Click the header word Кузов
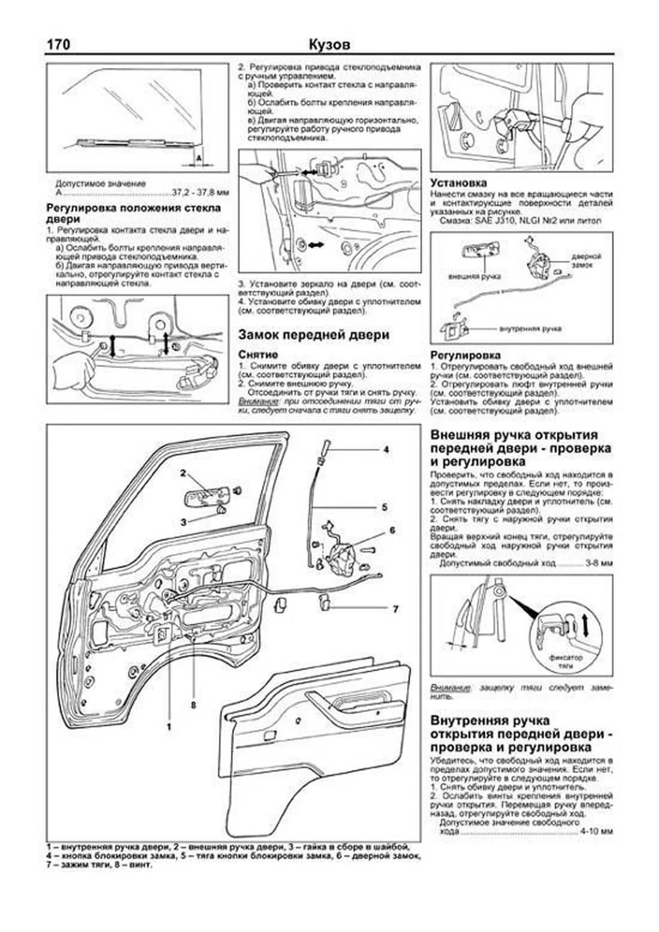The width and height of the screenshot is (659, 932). tap(329, 44)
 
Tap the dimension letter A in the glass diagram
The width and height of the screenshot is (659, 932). tap(199, 158)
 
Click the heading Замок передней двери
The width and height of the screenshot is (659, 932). tap(314, 335)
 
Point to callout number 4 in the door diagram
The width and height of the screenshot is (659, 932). tap(386, 449)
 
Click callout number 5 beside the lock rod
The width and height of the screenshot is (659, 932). tap(385, 506)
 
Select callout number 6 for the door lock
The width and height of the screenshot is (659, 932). tap(392, 531)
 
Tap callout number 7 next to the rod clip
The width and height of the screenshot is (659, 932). tap(395, 609)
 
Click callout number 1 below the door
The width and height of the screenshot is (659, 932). tap(169, 727)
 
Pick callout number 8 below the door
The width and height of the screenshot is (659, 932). tap(193, 705)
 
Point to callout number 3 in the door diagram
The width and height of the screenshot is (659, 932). tap(184, 522)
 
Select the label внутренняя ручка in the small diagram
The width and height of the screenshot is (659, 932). tap(530, 328)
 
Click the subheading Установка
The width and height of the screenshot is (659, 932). tap(459, 183)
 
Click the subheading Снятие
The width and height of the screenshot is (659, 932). tap(258, 355)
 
